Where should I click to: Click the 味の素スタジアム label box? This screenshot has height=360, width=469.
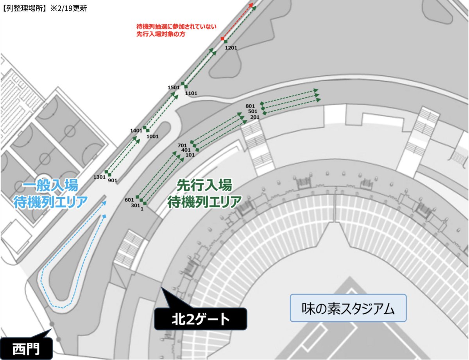click(348, 308)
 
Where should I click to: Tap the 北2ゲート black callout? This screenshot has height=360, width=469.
click(201, 320)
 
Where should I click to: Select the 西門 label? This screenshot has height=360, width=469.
click(26, 347)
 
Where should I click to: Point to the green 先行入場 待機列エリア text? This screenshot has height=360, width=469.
click(204, 194)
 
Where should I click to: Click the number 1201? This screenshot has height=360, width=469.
click(231, 47)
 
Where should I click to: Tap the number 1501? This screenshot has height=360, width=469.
click(173, 87)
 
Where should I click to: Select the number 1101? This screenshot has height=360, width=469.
click(191, 93)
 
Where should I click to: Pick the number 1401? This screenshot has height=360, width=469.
click(136, 130)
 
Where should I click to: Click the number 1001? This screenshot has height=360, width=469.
click(152, 136)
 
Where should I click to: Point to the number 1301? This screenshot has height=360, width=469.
click(99, 177)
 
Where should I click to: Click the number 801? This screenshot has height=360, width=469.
click(250, 106)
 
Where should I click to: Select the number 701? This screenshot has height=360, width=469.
click(183, 145)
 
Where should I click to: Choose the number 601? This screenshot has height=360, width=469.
click(129, 200)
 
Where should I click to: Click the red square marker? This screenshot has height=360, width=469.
click(222, 39)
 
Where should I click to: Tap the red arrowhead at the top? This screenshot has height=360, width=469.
click(251, 5)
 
